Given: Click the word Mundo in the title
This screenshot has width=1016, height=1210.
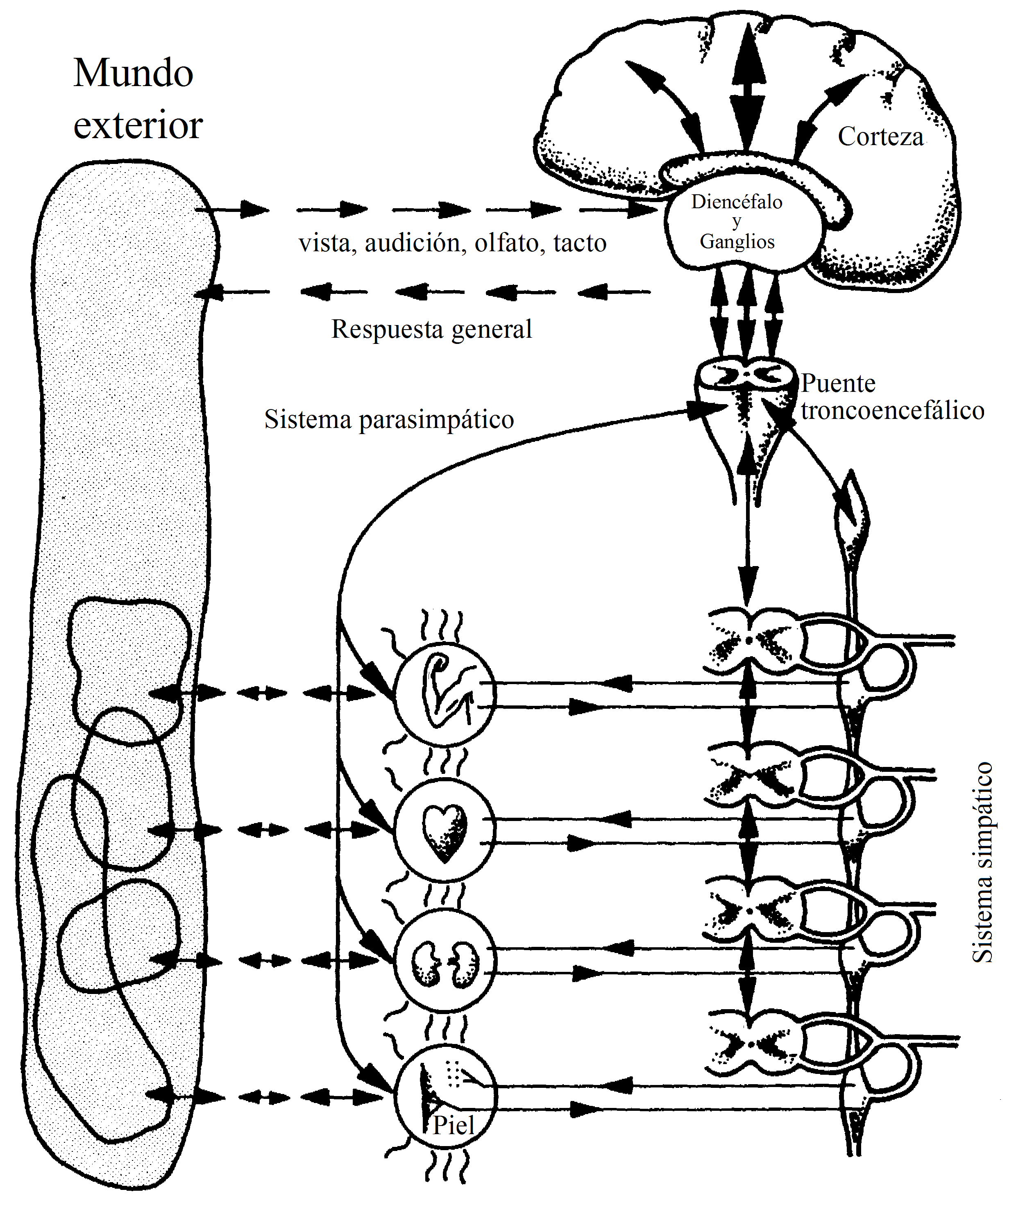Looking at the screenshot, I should pyautogui.click(x=133, y=74).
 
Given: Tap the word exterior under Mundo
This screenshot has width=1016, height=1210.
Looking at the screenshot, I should pyautogui.click(x=138, y=125).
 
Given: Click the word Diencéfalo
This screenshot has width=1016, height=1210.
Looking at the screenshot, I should pyautogui.click(x=737, y=202).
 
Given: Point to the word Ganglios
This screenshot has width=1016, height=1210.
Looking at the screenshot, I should pyautogui.click(x=737, y=241).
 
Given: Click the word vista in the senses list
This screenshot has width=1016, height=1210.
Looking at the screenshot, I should pyautogui.click(x=324, y=243).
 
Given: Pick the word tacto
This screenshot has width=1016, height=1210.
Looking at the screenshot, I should pyautogui.click(x=580, y=243).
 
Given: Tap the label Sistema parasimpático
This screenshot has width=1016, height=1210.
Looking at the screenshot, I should pyautogui.click(x=389, y=419).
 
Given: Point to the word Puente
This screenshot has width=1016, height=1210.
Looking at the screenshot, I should pyautogui.click(x=838, y=383).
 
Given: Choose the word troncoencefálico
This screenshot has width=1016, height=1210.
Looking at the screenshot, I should pyautogui.click(x=893, y=411).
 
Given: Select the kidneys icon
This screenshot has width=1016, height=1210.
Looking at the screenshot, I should pyautogui.click(x=444, y=963).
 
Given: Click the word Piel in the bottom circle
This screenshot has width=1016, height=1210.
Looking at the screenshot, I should pyautogui.click(x=454, y=1125).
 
